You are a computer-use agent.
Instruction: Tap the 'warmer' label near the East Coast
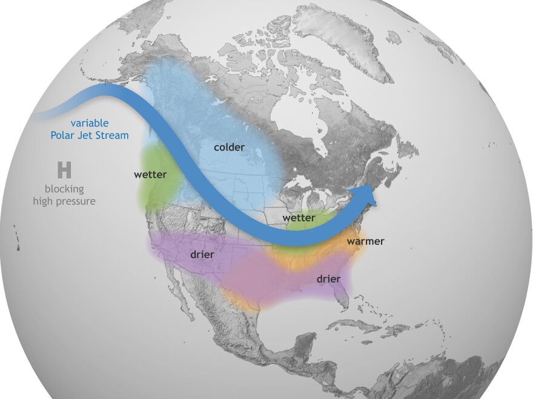365,241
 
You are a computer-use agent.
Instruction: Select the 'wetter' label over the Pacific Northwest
150,175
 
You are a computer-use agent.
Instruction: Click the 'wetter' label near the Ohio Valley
299,218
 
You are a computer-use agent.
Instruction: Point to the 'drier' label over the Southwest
202,255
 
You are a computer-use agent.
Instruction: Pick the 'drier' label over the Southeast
328,279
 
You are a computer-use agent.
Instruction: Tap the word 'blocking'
64,189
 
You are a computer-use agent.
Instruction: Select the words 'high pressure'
64,201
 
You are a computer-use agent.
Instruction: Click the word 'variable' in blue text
89,123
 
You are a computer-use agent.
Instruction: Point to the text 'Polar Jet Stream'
89,135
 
